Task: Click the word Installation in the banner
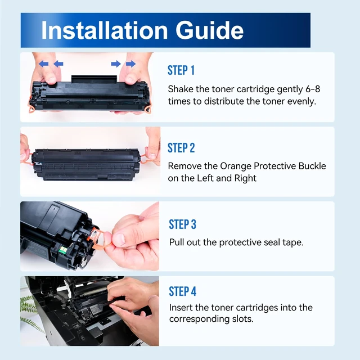coord(105,30)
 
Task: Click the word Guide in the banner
coord(209,30)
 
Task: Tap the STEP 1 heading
coord(181,70)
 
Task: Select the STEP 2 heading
coord(181,147)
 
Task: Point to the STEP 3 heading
coord(182,224)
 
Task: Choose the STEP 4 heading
coord(183,291)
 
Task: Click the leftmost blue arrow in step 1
coord(43,64)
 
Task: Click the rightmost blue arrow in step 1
coord(130,64)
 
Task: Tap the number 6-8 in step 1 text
coord(313,89)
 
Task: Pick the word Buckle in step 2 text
coord(312,166)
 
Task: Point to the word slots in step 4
coord(242,319)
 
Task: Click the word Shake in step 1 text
coord(181,89)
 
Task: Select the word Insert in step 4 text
coord(181,308)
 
